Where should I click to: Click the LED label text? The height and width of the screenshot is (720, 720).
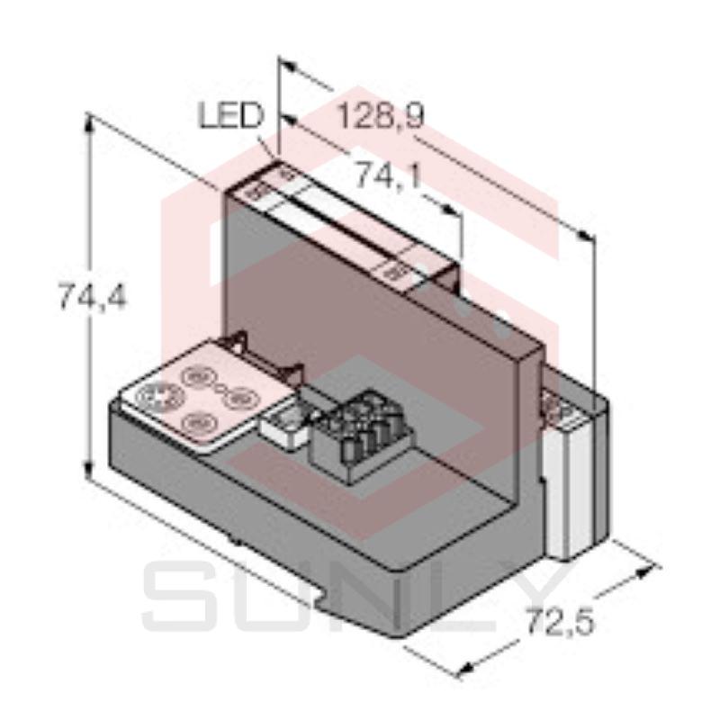coord(229,116)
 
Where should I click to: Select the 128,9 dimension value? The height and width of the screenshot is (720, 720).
coord(380,117)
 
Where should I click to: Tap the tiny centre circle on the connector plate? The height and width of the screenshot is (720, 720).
coord(218,386)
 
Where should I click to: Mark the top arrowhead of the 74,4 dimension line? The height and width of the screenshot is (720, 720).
coord(89,121)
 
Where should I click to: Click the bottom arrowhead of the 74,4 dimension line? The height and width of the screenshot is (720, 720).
coord(89,477)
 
